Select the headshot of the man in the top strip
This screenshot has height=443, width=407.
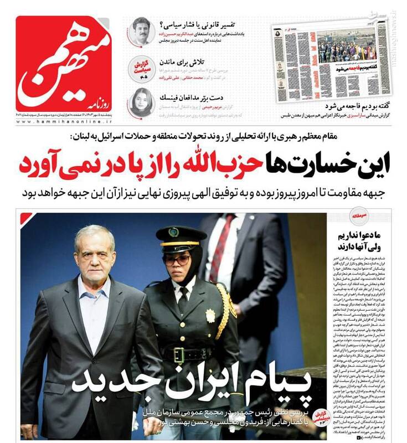coord(143,31)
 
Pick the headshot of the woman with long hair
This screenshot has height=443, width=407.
coord(142,102)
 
